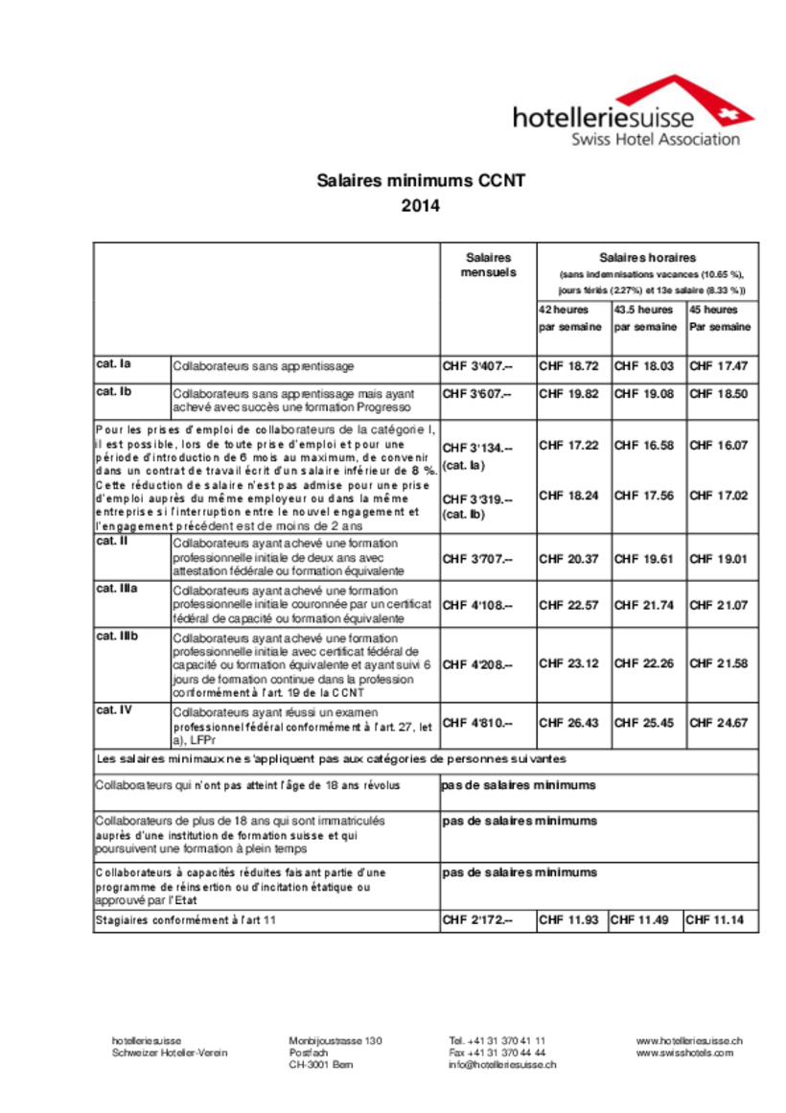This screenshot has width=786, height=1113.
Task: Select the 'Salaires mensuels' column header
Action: (488, 265)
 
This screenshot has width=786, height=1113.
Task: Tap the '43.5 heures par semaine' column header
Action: (647, 318)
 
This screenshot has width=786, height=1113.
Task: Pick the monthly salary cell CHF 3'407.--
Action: (477, 366)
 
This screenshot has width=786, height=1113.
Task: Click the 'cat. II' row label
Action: (112, 542)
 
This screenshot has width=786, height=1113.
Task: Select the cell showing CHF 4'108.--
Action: (477, 605)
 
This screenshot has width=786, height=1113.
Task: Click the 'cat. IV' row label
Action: (114, 710)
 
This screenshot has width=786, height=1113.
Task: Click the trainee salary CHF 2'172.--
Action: (477, 921)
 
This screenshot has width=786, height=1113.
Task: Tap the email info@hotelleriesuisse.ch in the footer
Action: (501, 1064)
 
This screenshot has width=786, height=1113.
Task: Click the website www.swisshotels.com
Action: (684, 1052)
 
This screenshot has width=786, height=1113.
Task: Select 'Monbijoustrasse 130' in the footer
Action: (335, 1040)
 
